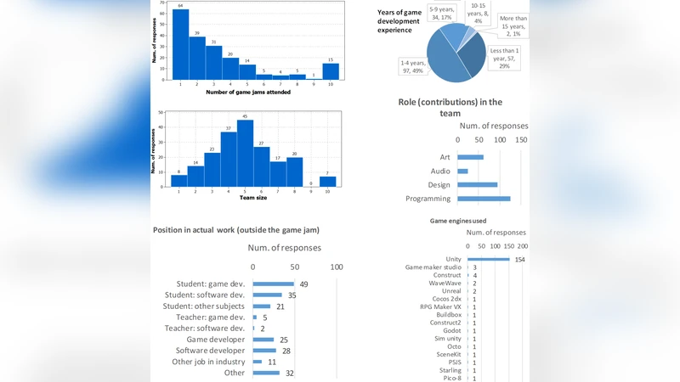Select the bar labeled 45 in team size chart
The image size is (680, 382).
click(246, 153)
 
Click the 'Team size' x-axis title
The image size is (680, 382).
click(253, 198)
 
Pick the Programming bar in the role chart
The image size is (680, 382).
click(484, 199)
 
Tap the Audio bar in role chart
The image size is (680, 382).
click(462, 171)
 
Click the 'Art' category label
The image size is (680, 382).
click(445, 157)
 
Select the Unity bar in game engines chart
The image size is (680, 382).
click(488, 259)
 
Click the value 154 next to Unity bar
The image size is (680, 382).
click(520, 260)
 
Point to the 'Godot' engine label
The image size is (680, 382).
click(452, 330)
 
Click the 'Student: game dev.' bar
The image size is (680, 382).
click(273, 284)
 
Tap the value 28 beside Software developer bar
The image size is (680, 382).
click(286, 351)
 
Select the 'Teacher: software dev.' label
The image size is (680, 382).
click(204, 329)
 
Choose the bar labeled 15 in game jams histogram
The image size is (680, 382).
click(331, 71)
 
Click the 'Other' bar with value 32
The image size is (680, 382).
click(265, 373)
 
